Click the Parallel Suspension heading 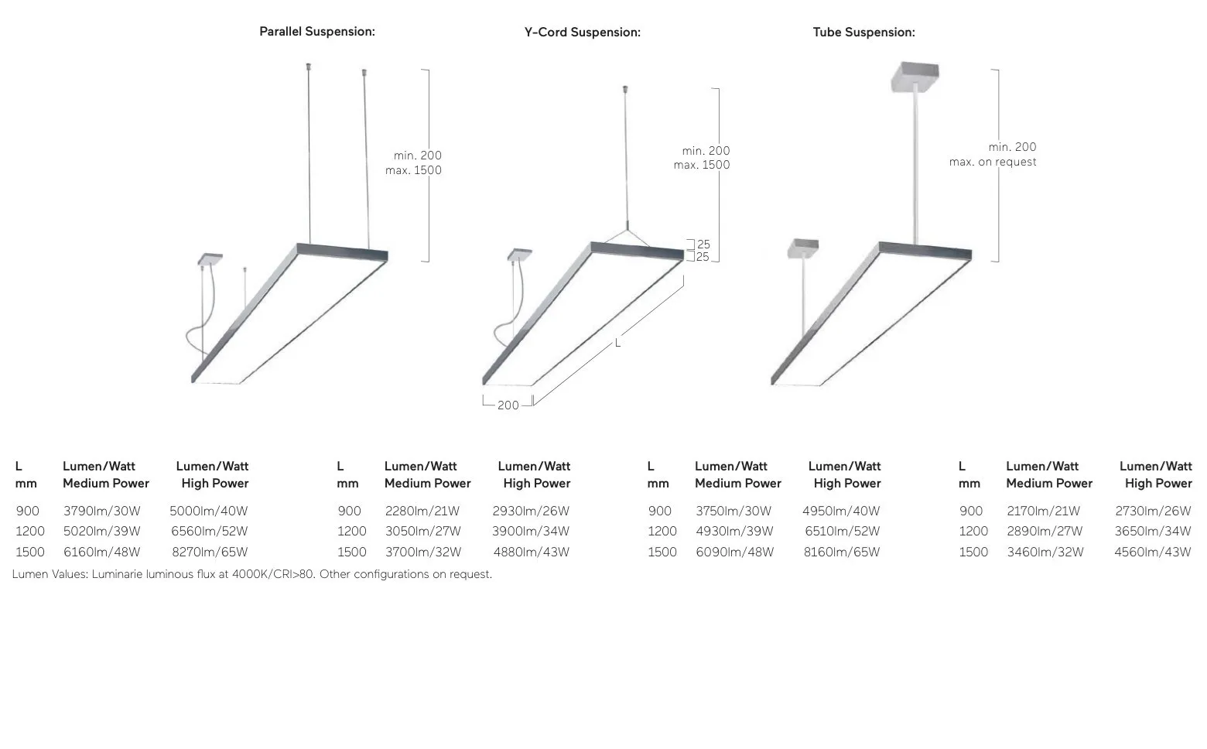(x=317, y=32)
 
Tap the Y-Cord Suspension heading (x=583, y=32)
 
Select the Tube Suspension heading (x=863, y=32)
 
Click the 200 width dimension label (x=508, y=405)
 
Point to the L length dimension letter (x=618, y=343)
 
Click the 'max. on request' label (x=993, y=162)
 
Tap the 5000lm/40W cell (x=209, y=511)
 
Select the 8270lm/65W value (x=210, y=552)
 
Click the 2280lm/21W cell (x=422, y=511)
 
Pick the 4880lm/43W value (x=532, y=552)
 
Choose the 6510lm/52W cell (x=843, y=532)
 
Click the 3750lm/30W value (x=733, y=511)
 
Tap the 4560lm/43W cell (x=1153, y=552)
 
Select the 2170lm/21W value (x=1043, y=511)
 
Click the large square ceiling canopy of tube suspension (x=915, y=76)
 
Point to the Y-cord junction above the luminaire (x=627, y=229)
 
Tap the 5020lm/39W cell (x=102, y=532)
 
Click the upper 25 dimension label (x=703, y=245)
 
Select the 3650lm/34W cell (x=1153, y=532)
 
